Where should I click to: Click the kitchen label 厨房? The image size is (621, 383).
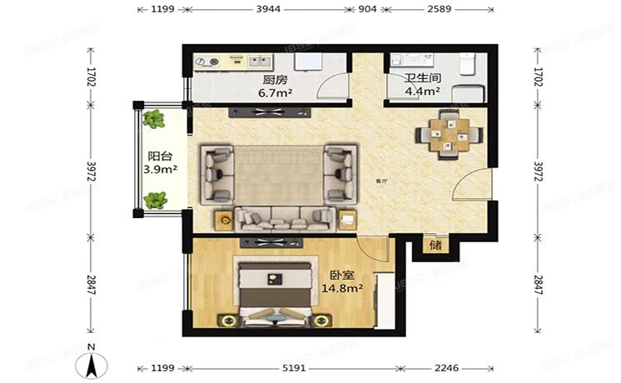[x=275, y=81]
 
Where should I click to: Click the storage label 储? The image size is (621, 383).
[x=435, y=246]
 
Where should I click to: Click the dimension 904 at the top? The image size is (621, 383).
[x=367, y=9]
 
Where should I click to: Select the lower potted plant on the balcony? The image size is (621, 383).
[x=154, y=200]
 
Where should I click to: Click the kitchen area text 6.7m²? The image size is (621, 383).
[x=275, y=93]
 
